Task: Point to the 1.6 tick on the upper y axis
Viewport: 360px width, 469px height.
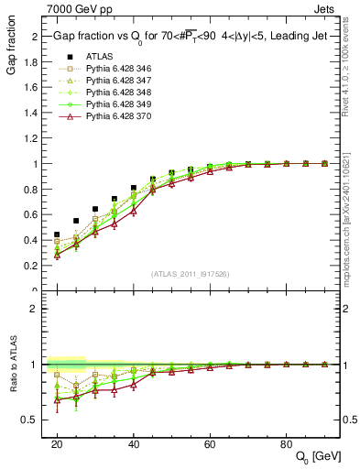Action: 32,88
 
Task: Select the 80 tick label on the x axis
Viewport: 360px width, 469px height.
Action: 286,443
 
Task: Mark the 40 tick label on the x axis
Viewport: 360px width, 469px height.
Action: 133,443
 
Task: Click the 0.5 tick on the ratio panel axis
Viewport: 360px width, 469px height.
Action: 32,420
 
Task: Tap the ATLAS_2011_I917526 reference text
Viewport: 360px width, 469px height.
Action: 190,274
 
